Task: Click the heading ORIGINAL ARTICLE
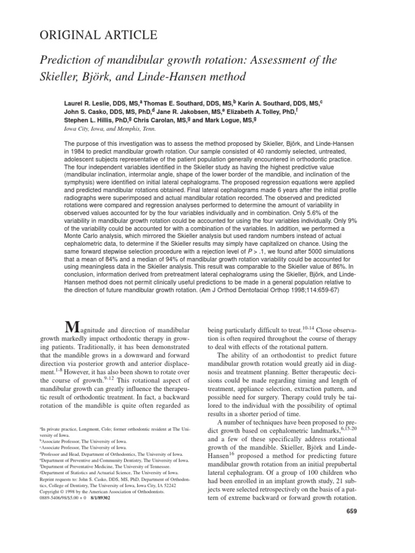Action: pos(98,36)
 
